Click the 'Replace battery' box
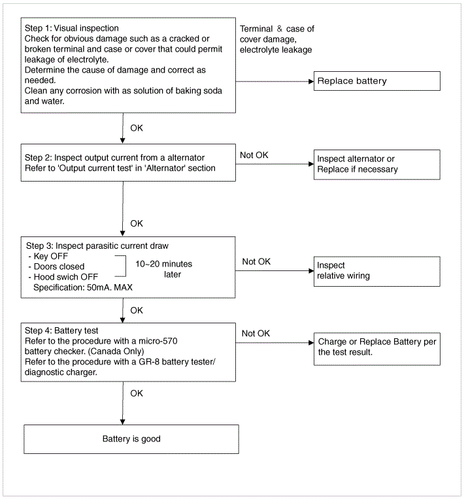click(377, 81)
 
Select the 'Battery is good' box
click(131, 439)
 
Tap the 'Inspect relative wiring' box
click(377, 272)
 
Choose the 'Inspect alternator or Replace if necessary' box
click(377, 165)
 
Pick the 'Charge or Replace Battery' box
click(377, 349)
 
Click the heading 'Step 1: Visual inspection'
click(72, 28)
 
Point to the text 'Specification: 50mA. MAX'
click(83, 287)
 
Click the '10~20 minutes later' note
click(164, 269)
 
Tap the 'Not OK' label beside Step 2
click(254, 155)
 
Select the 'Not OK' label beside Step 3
click(256, 262)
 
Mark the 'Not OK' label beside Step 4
click(256, 334)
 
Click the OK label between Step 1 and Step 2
click(137, 128)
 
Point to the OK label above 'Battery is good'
click(137, 393)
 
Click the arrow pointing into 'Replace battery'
click(275, 82)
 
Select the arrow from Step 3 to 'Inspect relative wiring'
click(275, 271)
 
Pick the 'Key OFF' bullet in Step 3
click(48, 257)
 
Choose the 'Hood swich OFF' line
click(63, 277)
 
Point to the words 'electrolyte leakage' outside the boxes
click(276, 50)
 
